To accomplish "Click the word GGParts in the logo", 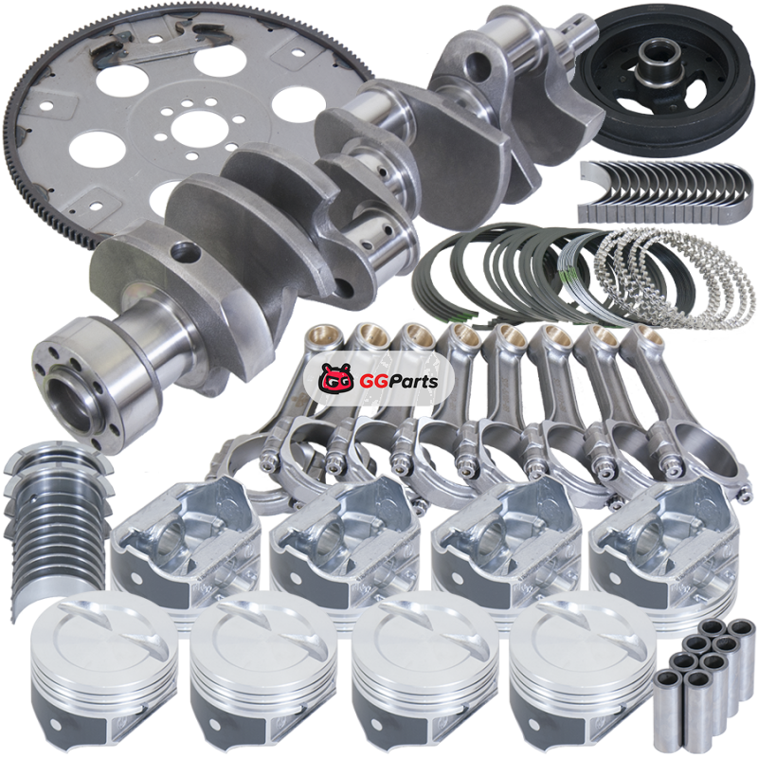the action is (x=399, y=382).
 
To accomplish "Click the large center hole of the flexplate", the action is (x=195, y=130).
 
